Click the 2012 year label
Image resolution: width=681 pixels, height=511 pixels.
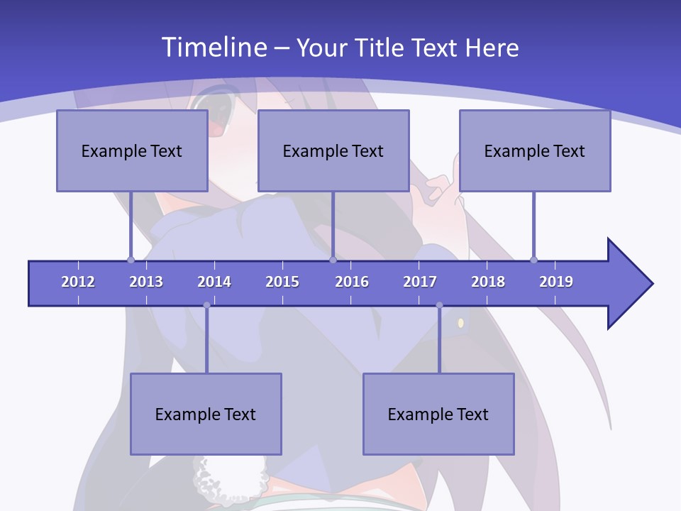(x=78, y=282)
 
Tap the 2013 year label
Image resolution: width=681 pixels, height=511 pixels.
(x=146, y=282)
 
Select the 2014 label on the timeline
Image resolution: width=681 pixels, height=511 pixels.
(x=214, y=282)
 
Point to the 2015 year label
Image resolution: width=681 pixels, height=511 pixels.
(x=282, y=282)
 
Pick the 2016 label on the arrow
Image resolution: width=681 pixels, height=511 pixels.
(x=352, y=282)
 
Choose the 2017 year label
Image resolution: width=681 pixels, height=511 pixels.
(x=420, y=282)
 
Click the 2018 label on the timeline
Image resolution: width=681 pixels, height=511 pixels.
(x=488, y=282)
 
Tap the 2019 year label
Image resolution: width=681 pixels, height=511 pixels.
(x=556, y=282)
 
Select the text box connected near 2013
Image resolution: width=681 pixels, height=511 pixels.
(x=132, y=150)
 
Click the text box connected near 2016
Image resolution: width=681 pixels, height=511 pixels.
(x=333, y=150)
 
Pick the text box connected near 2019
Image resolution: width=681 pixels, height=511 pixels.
(x=535, y=150)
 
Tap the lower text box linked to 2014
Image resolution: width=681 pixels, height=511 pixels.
(x=206, y=414)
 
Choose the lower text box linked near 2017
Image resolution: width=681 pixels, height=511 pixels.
(x=438, y=414)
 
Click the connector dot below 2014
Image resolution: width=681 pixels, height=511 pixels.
(x=206, y=305)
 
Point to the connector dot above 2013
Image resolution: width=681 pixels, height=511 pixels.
(x=131, y=260)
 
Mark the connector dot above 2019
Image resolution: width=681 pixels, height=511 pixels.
(x=533, y=260)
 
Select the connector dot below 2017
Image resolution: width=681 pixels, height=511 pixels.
(x=439, y=305)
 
